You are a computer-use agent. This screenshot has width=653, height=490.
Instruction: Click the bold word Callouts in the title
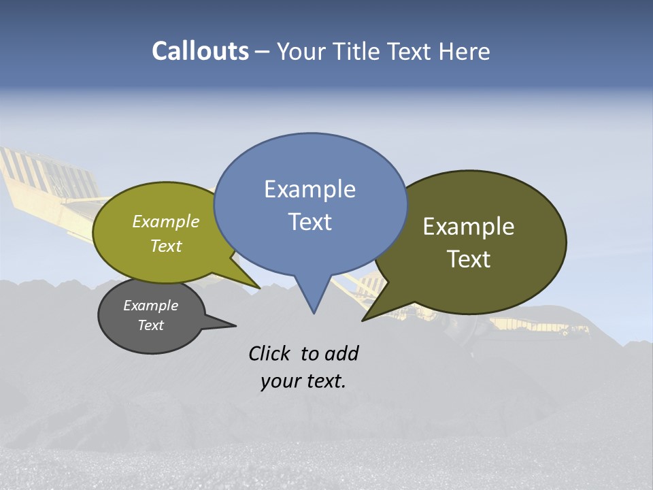click(x=200, y=51)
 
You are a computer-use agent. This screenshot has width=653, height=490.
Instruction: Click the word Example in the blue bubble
click(x=309, y=189)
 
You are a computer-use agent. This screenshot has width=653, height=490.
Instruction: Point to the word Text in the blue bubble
click(x=309, y=222)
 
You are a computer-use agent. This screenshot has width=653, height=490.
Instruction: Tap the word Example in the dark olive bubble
click(x=469, y=226)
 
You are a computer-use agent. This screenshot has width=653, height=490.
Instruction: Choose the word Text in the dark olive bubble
click(x=469, y=259)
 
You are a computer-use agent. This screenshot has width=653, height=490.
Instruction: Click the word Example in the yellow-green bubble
click(x=166, y=221)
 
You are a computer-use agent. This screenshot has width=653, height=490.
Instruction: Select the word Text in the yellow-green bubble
click(x=166, y=246)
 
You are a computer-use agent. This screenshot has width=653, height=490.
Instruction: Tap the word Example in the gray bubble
click(x=151, y=306)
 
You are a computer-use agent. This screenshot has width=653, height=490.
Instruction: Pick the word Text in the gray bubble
click(x=151, y=325)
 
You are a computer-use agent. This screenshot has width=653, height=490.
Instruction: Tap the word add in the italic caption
click(x=341, y=353)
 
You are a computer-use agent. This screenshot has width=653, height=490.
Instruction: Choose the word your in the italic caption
click(x=280, y=381)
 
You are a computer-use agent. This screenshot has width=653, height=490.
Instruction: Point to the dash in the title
click(x=263, y=51)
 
